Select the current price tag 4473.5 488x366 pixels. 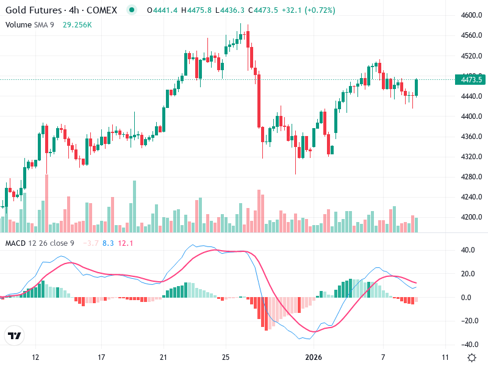(x=472, y=80)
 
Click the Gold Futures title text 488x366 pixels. (x=34, y=10)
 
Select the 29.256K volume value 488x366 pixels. (x=77, y=24)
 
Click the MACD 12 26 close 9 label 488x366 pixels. (x=40, y=243)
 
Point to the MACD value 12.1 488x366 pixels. (x=126, y=243)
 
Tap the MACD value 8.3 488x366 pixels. (x=108, y=243)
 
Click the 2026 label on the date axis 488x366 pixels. (x=313, y=357)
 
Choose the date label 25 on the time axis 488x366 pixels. (x=226, y=357)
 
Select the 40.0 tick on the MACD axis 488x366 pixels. (x=468, y=250)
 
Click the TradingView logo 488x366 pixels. (x=14, y=335)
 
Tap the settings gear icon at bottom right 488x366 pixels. (x=472, y=357)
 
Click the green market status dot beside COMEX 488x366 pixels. (x=131, y=10)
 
